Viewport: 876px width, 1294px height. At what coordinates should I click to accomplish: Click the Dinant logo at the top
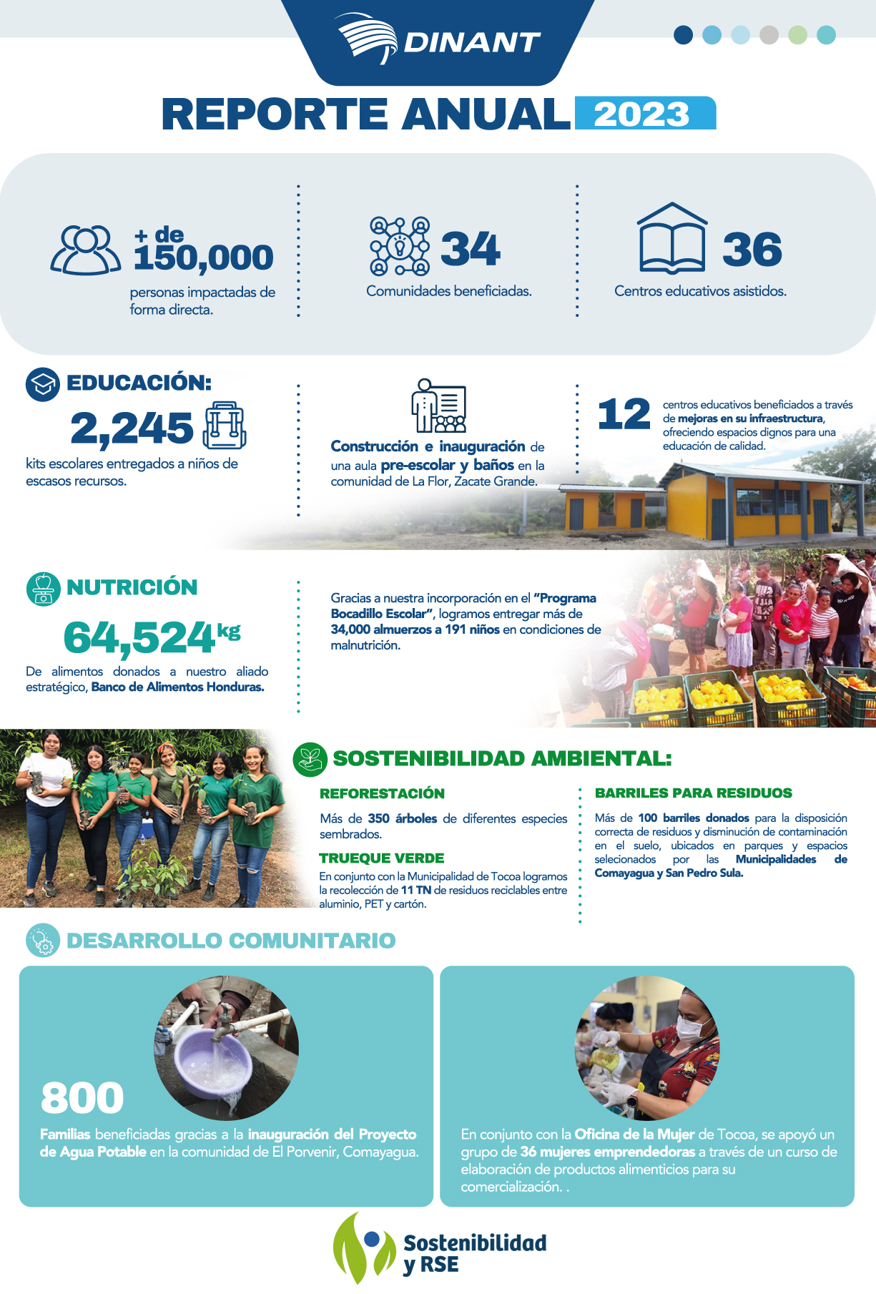pyautogui.click(x=438, y=40)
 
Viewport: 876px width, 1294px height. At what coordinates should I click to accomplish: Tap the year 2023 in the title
pyautogui.click(x=643, y=114)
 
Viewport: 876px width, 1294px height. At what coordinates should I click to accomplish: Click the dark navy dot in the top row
pyautogui.click(x=684, y=34)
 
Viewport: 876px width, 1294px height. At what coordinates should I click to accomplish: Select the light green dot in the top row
pyautogui.click(x=797, y=34)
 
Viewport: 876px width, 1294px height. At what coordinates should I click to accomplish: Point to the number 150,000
pyautogui.click(x=204, y=257)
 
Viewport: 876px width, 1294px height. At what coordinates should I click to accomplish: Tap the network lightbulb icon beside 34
pyautogui.click(x=400, y=247)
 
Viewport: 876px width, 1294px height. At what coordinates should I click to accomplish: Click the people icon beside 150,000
pyautogui.click(x=86, y=250)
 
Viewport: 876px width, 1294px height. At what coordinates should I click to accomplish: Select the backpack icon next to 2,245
pyautogui.click(x=225, y=426)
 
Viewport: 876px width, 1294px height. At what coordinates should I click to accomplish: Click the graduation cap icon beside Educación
pyautogui.click(x=43, y=383)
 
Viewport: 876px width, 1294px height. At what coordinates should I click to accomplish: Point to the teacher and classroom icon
pyautogui.click(x=438, y=406)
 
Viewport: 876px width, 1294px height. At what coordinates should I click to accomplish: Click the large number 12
pyautogui.click(x=624, y=414)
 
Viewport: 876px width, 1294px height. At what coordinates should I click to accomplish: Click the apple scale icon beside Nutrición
pyautogui.click(x=43, y=589)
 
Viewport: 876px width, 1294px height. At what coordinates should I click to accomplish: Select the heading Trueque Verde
pyautogui.click(x=381, y=858)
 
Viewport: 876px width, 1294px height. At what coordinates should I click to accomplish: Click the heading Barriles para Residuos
pyautogui.click(x=693, y=793)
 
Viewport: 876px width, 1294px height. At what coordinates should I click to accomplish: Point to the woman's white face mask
pyautogui.click(x=690, y=1027)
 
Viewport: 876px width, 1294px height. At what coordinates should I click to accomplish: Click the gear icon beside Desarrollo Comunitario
pyautogui.click(x=43, y=941)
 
